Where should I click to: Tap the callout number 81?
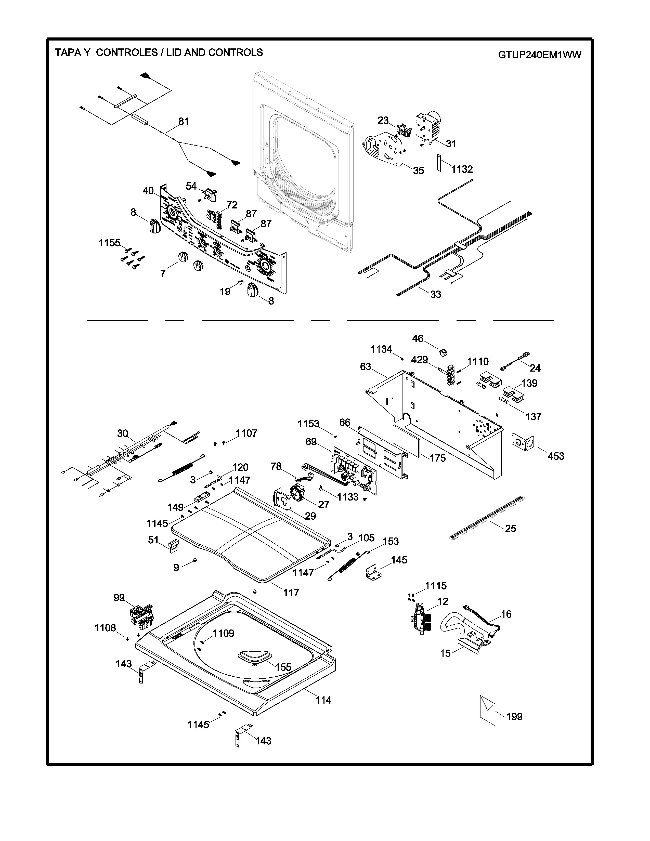(184, 121)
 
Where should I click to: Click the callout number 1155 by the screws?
(109, 243)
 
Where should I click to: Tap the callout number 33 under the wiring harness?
(436, 294)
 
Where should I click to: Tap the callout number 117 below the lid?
(291, 592)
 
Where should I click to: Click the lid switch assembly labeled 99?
(141, 616)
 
